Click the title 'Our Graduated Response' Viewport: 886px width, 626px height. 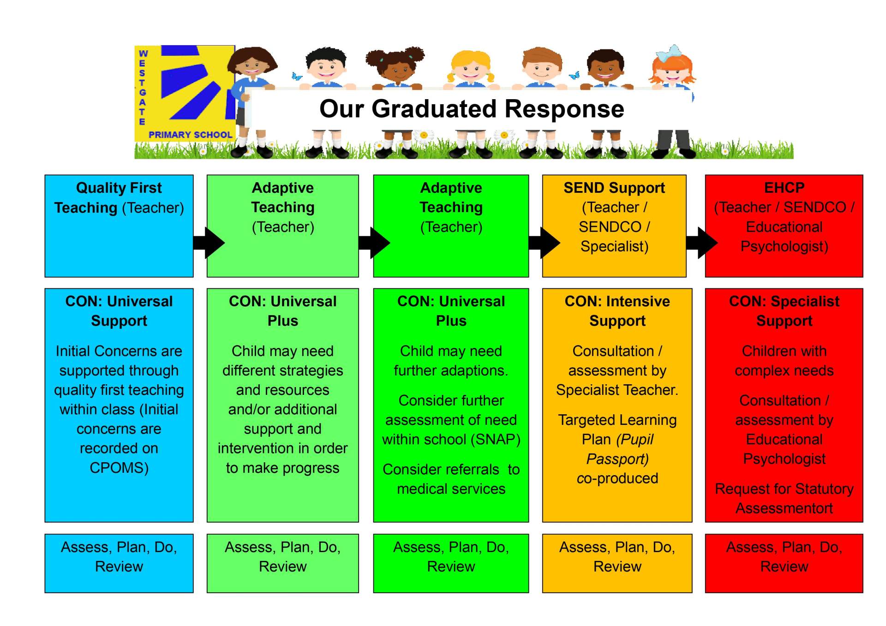pos(471,109)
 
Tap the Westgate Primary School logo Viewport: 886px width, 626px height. pos(185,93)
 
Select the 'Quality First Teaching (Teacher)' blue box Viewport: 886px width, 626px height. pos(119,226)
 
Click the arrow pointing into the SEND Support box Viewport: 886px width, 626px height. pos(545,242)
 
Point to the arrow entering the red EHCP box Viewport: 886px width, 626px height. pos(702,242)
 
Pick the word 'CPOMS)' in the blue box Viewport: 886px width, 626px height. pos(119,468)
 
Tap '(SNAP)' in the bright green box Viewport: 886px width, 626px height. pos(498,439)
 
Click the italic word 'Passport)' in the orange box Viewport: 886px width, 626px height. pos(617,459)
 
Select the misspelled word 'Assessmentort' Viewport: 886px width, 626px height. pos(784,508)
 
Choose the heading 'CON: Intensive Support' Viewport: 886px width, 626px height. pos(617,311)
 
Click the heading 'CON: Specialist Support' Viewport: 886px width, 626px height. pos(784,311)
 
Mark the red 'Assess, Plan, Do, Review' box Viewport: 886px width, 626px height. pos(784,563)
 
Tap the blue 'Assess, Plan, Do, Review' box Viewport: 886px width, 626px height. pos(119,563)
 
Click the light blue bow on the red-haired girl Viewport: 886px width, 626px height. pos(669,54)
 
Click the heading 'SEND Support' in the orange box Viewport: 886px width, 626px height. pos(614,188)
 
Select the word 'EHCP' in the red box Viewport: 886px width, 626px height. pos(784,188)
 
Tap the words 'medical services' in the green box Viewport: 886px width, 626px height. pos(451,489)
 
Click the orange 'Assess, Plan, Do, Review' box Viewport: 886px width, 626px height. pos(617,563)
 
